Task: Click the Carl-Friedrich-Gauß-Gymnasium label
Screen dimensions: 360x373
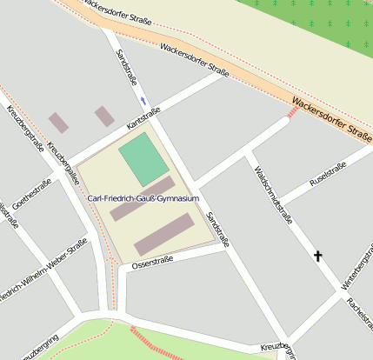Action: tap(143, 198)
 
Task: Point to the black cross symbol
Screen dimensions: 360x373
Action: tap(318, 256)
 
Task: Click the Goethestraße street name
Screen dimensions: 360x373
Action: tap(31, 195)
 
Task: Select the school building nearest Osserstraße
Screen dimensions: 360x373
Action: tap(164, 234)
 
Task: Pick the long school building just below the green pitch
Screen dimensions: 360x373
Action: tap(142, 198)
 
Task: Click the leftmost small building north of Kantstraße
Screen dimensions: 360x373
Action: tap(58, 123)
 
